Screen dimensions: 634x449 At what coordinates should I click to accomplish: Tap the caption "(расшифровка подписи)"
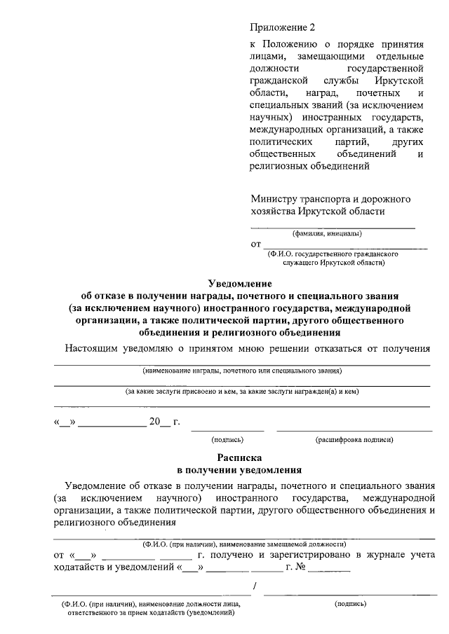(354, 440)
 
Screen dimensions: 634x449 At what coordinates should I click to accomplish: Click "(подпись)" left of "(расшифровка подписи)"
(227, 440)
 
